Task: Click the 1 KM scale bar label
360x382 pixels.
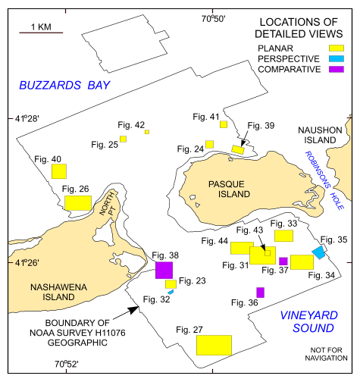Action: [40, 27]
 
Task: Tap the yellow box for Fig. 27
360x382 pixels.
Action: [214, 345]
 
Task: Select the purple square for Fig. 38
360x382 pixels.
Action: [164, 270]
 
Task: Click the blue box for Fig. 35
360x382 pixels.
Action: [319, 253]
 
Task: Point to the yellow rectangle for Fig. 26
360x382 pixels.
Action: [77, 203]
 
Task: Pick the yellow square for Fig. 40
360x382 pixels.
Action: [59, 171]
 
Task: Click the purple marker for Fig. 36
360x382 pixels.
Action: [260, 292]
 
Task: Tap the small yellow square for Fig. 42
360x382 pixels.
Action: [147, 132]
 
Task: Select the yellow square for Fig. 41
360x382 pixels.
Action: [224, 124]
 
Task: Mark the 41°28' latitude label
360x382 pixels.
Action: [27, 119]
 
